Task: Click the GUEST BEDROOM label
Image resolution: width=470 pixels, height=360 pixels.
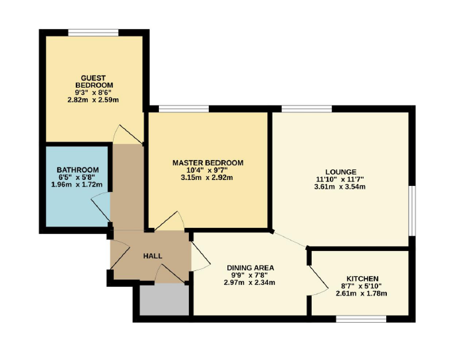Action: coord(94,82)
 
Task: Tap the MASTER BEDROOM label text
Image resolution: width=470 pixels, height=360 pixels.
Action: coord(207,163)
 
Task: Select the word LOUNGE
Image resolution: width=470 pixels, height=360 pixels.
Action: coord(341,172)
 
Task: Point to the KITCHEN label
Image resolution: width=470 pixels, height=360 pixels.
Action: coord(362,278)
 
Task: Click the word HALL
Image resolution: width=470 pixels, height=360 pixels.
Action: coord(153,256)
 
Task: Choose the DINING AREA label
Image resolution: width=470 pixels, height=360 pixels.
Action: coord(250,268)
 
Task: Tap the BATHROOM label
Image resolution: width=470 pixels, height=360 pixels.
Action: coord(78,170)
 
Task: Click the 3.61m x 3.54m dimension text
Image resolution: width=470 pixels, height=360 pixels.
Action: coord(340,187)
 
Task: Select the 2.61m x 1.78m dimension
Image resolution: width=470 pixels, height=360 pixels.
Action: coord(362,294)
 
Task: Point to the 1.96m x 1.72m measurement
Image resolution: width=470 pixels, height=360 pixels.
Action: coord(76,185)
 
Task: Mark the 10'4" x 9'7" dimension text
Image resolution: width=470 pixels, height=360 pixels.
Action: coord(207,171)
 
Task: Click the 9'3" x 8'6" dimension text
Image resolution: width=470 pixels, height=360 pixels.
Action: coord(93,92)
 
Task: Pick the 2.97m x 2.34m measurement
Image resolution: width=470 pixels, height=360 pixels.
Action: coord(249,282)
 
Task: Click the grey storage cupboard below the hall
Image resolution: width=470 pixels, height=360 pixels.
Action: coord(164,300)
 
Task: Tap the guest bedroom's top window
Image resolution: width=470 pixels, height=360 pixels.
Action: coord(93,33)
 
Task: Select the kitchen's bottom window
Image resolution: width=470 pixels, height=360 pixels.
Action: coord(361,319)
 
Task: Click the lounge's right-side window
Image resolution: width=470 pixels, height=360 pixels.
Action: coord(412,211)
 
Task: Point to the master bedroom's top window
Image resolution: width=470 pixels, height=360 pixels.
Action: coord(183,109)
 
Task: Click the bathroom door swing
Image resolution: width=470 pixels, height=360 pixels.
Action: coord(101,207)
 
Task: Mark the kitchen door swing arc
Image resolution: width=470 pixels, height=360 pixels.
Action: coord(318,281)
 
